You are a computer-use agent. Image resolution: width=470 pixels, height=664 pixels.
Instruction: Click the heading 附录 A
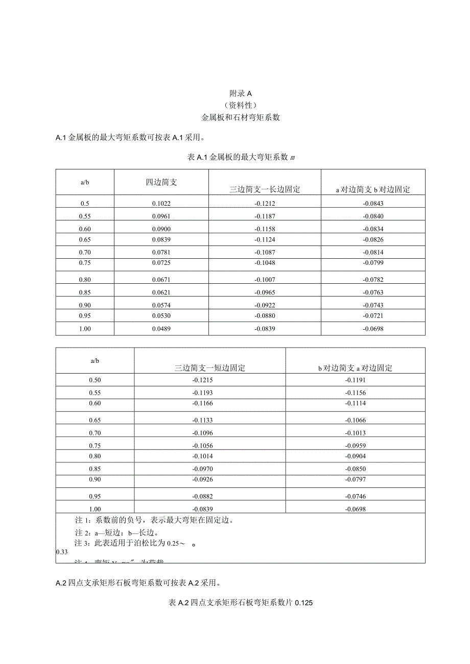point(241,93)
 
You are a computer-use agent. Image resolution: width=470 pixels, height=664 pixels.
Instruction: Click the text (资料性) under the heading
point(241,105)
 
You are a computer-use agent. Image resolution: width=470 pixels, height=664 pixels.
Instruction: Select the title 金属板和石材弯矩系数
point(241,117)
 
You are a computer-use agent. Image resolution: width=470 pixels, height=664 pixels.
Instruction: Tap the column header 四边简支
point(161,182)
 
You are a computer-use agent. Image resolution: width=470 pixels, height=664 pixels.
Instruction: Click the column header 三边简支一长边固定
point(265,189)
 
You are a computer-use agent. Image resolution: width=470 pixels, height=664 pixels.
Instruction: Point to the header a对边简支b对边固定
point(373,189)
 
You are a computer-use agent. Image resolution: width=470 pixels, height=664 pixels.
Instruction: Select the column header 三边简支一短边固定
point(210,367)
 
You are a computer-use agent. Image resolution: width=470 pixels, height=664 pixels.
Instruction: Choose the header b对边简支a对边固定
point(355,367)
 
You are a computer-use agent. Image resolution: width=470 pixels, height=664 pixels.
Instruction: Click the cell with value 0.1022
point(161,203)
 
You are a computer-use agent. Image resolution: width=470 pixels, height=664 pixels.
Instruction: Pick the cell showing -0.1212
point(265,203)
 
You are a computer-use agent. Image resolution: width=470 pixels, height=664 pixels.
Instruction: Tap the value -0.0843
point(373,203)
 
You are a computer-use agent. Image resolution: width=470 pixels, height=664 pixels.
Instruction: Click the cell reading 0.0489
point(161,329)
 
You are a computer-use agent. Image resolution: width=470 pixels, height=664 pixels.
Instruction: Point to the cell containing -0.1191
point(356,380)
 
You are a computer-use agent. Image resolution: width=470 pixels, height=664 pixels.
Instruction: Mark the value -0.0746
point(356,496)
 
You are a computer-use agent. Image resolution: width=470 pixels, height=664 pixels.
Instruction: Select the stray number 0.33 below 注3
point(61,552)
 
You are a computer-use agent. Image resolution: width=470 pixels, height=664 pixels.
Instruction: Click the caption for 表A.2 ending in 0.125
point(240,603)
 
